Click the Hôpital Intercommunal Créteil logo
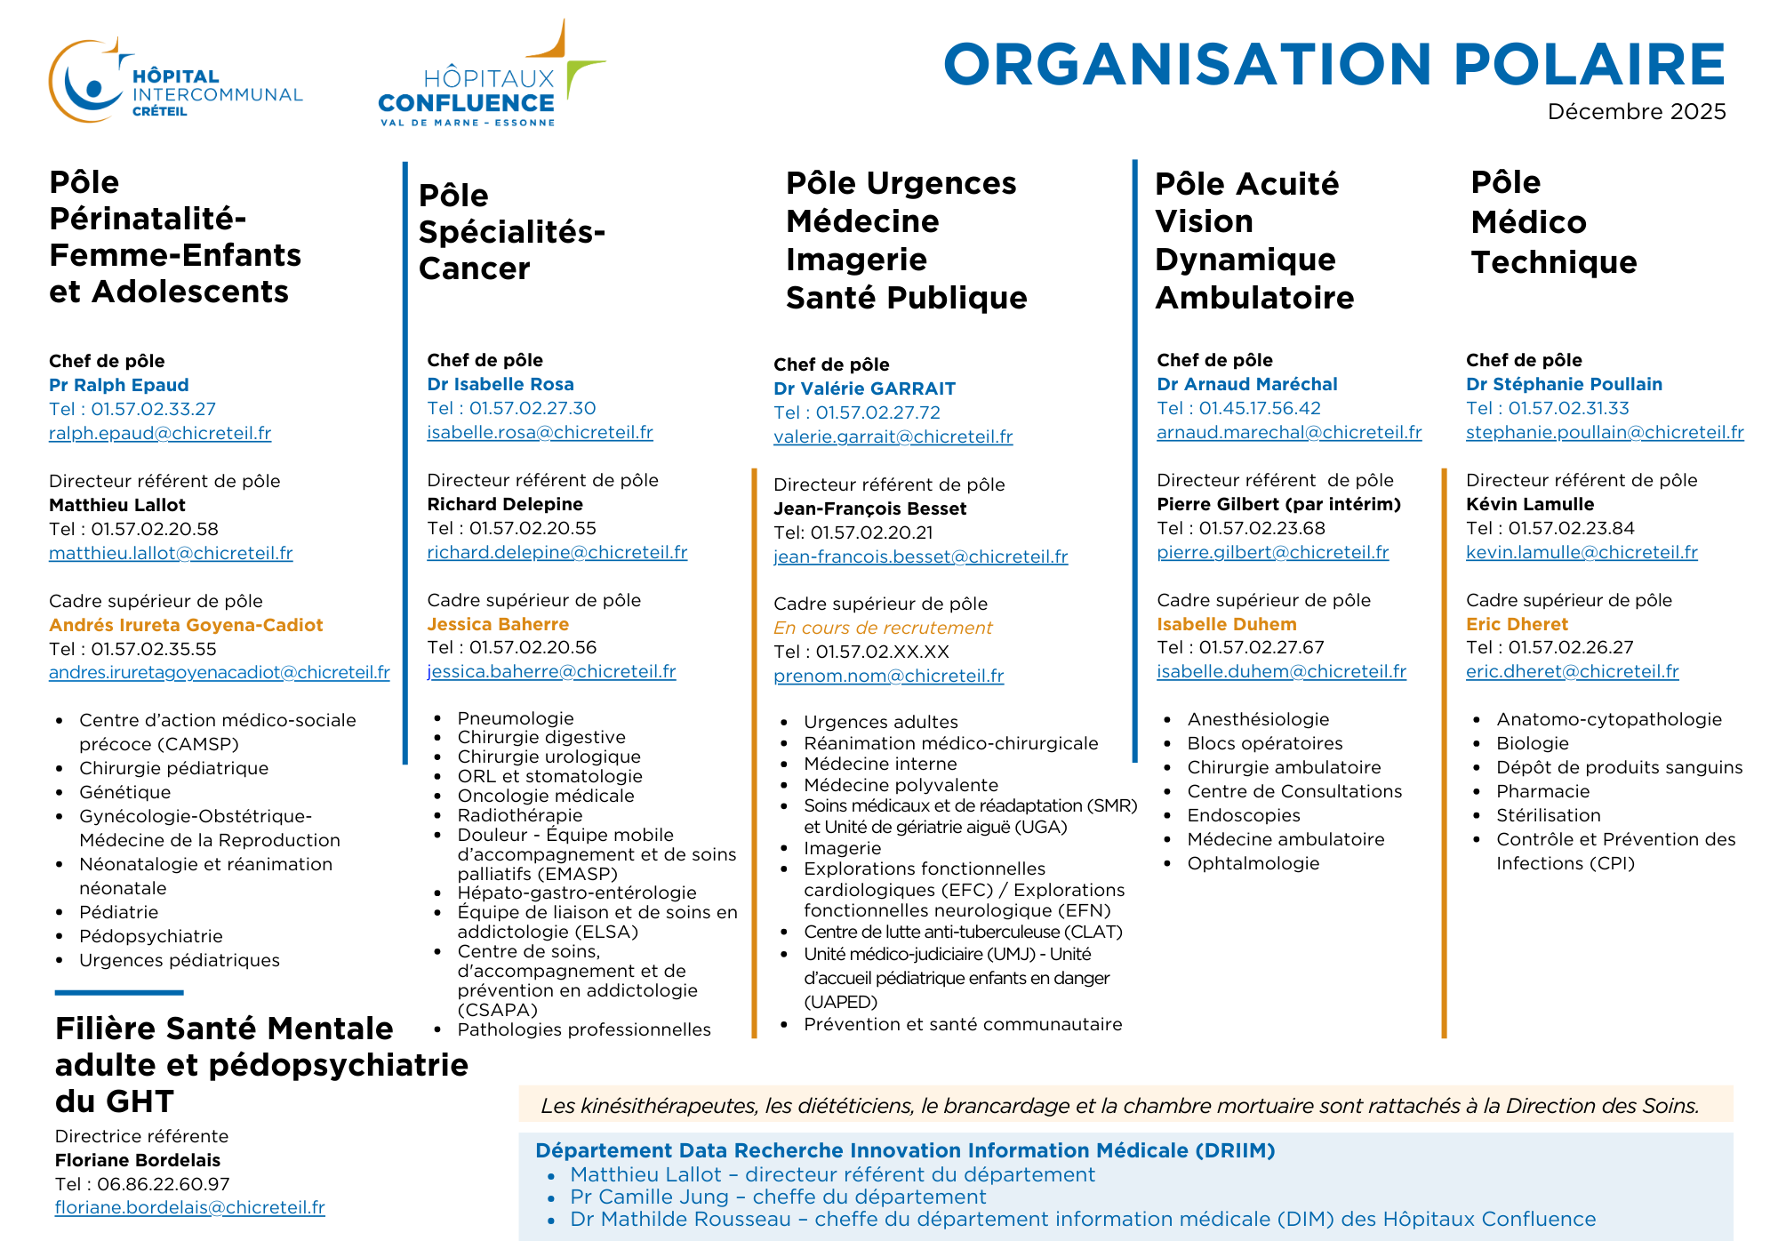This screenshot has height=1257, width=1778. pos(175,82)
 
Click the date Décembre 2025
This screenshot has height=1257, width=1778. pos(1636,112)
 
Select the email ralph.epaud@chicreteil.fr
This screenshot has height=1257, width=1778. pos(160,433)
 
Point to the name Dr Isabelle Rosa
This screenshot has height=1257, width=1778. pos(501,384)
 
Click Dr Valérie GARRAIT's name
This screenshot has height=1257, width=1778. pos(864,388)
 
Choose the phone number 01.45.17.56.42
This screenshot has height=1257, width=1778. pos(1260,408)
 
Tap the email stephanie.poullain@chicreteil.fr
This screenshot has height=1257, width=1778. pos(1605,432)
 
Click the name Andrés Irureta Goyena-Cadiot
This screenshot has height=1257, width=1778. pos(186,625)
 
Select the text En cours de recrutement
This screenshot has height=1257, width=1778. pos(883,628)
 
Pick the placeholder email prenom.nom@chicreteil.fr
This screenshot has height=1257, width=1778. pos(888,676)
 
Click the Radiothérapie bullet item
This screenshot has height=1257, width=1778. pos(520,815)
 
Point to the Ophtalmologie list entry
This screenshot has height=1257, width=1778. pos(1253,863)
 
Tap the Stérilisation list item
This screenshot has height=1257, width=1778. pos(1548,815)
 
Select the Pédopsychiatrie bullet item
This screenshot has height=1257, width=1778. pos(151,936)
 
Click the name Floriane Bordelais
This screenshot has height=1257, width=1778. pos(138,1160)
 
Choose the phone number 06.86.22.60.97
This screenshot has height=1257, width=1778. pos(164,1184)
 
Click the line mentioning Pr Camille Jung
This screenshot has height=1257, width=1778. pos(778,1197)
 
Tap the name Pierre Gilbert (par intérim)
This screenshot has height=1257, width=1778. pos(1278,504)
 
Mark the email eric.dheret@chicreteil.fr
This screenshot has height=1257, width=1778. pos(1572,671)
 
